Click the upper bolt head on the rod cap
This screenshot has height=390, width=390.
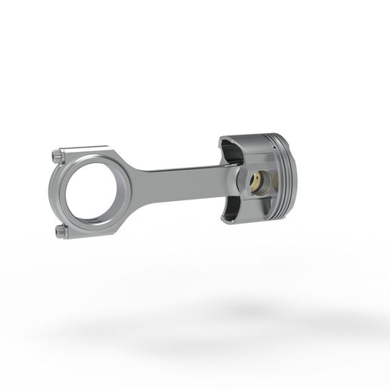pos(56,156)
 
